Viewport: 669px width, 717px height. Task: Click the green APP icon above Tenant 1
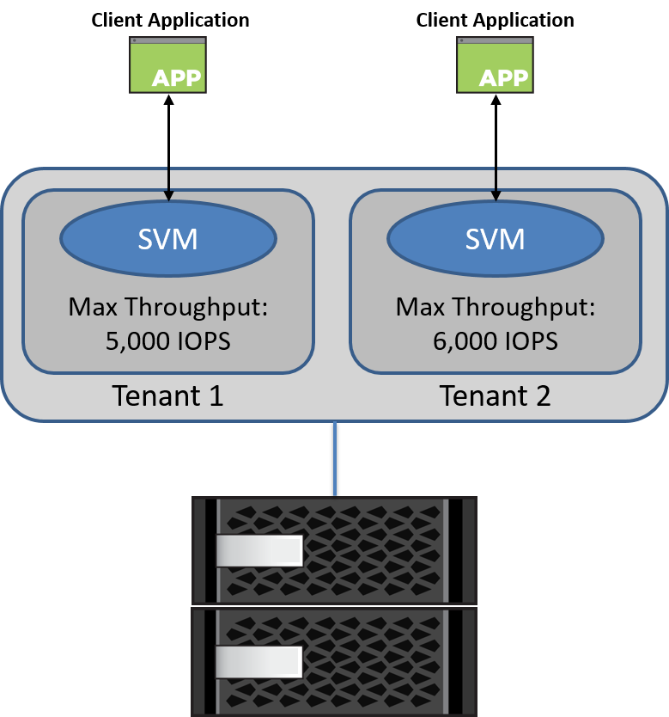coord(167,64)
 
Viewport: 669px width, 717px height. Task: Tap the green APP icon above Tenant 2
coord(495,64)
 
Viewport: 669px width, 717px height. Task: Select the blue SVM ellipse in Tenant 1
coord(168,238)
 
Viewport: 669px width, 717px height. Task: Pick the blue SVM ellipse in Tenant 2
coord(496,238)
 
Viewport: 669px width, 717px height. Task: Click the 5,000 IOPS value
coord(167,341)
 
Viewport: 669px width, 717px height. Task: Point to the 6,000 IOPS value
coord(495,341)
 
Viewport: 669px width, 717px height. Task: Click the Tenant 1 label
coord(167,395)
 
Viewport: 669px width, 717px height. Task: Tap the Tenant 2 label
coord(495,395)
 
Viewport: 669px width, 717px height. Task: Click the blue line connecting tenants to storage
coord(334,459)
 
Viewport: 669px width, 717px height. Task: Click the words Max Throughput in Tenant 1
coord(168,307)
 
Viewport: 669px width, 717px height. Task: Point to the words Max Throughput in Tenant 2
coord(496,307)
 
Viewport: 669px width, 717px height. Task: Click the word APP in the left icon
coord(176,78)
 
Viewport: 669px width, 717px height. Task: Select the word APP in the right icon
coord(503,78)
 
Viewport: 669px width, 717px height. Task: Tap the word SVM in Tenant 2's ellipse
coord(496,238)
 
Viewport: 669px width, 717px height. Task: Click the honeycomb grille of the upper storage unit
coord(378,550)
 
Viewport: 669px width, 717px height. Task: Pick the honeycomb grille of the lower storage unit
coord(378,663)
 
